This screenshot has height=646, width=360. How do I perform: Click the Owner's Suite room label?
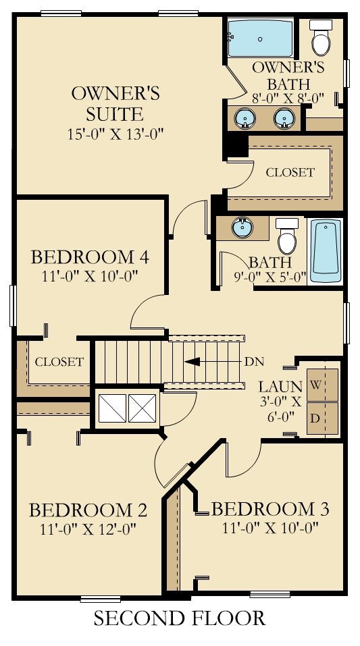[115, 103]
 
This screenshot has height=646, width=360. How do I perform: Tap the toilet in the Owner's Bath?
[321, 37]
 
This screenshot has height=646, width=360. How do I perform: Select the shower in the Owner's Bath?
[261, 38]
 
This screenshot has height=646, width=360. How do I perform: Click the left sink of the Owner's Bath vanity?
[245, 118]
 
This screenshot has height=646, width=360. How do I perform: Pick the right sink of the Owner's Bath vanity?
[284, 118]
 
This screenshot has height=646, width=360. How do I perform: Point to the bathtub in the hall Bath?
[326, 251]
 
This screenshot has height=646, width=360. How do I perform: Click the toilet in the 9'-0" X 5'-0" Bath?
[287, 236]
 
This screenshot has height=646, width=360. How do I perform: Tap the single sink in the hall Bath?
[242, 227]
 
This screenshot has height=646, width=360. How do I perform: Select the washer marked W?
[322, 385]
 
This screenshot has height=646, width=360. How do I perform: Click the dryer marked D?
[322, 418]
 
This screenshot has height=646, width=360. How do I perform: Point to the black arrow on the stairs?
[192, 362]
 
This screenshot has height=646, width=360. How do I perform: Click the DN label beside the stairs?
[253, 362]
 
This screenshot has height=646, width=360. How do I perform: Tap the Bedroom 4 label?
[90, 257]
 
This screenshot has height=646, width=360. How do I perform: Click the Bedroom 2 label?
[88, 510]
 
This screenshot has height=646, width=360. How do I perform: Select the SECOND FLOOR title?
[180, 618]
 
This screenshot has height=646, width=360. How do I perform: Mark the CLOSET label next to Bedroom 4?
[59, 362]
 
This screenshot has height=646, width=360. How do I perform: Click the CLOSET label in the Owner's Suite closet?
[290, 172]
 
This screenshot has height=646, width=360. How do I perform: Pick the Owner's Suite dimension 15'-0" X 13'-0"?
[116, 134]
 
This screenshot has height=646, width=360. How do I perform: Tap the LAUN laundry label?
[280, 387]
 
